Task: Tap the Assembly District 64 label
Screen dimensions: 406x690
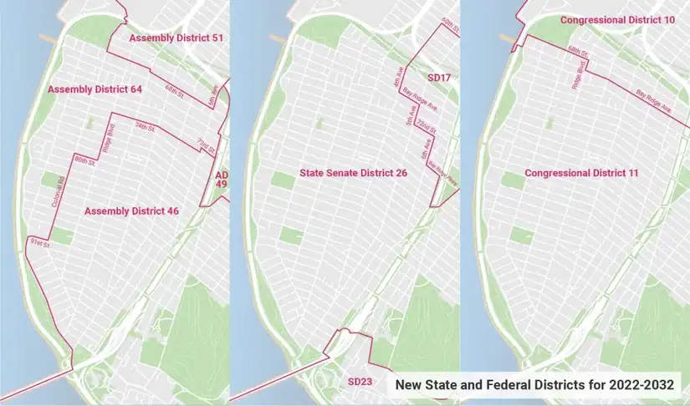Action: point(95,89)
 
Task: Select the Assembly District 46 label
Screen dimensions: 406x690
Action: point(131,211)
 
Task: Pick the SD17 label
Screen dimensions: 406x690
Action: point(439,77)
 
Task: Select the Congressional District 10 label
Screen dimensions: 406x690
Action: point(618,19)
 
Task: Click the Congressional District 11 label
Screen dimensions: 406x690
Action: point(581,173)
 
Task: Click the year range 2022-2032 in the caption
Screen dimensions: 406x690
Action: point(639,385)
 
